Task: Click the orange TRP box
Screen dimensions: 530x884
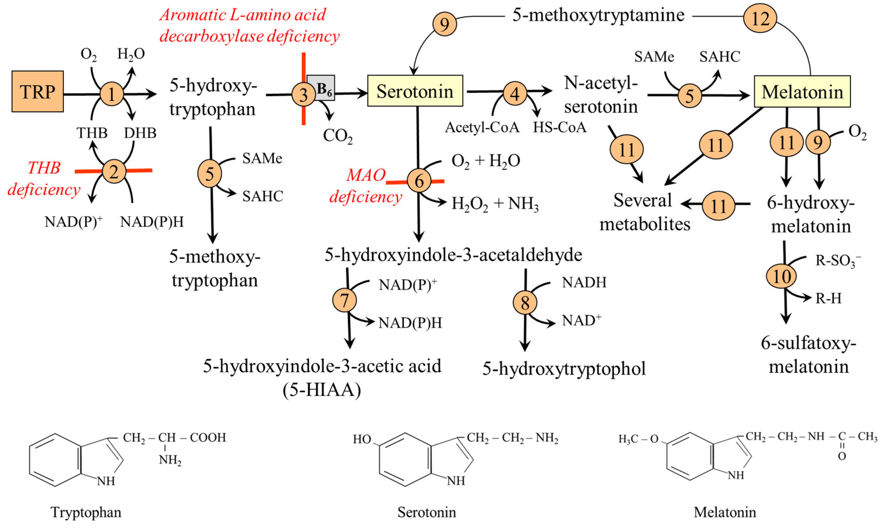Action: (37, 91)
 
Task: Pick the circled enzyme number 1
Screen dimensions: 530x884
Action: (111, 94)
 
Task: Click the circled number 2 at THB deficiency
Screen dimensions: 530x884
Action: (114, 172)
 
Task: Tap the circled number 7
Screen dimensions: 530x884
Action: (344, 300)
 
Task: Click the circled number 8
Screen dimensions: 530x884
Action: (524, 302)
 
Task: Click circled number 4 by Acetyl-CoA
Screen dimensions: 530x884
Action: (515, 94)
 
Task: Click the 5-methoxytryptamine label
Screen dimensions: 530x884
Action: (598, 15)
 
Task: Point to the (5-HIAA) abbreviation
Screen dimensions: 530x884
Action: (322, 389)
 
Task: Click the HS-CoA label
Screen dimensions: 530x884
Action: (559, 127)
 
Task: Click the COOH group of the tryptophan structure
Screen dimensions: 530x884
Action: (208, 437)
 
